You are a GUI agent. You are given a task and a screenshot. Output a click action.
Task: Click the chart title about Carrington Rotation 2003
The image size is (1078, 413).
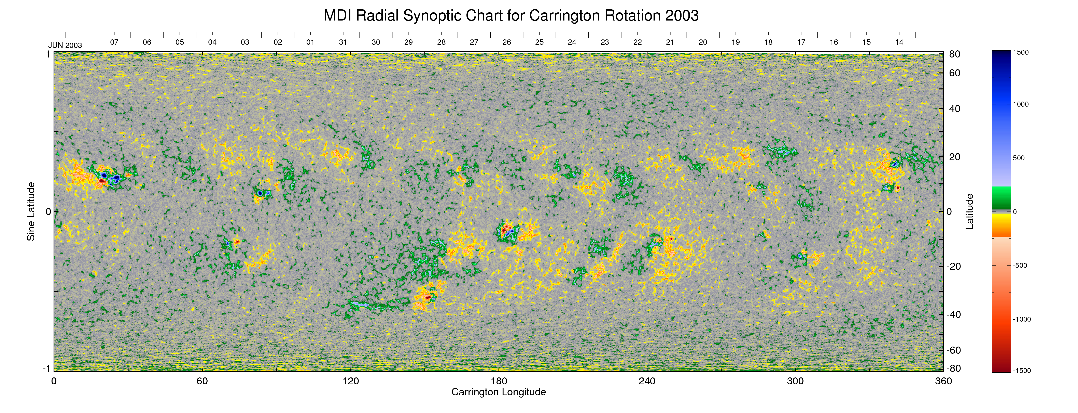(511, 16)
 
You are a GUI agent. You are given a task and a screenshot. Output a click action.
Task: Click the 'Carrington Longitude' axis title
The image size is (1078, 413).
(498, 392)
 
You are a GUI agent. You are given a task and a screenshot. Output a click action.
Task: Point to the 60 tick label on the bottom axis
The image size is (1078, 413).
(202, 381)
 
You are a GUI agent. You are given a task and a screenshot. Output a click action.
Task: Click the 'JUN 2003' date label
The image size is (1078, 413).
(65, 45)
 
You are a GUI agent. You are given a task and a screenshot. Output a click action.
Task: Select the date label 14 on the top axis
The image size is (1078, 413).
(899, 42)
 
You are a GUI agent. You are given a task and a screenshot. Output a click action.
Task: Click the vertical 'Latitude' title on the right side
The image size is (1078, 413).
(969, 211)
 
